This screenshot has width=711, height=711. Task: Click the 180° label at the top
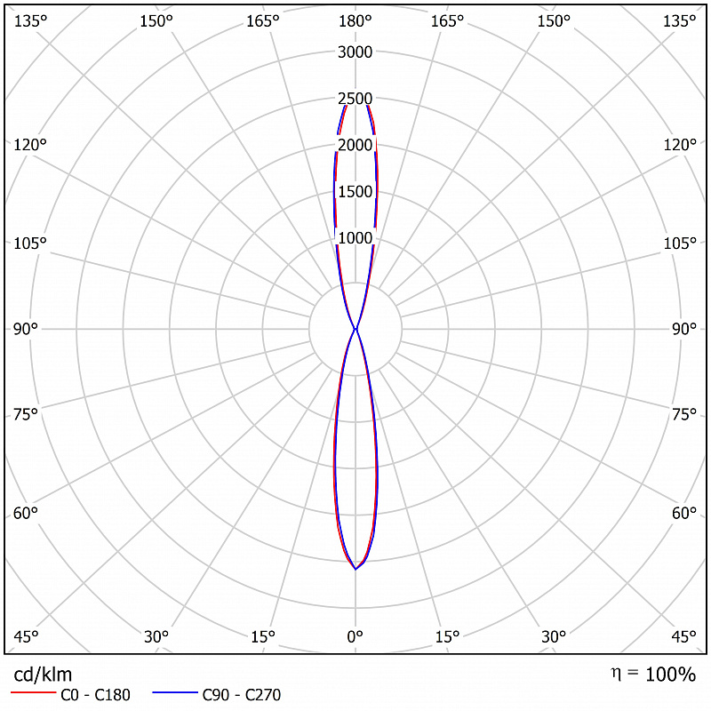(355, 20)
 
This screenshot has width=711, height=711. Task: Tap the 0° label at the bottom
(355, 636)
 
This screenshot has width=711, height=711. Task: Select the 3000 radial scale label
(355, 52)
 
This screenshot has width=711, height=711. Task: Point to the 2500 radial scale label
(355, 99)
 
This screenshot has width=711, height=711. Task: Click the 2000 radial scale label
(355, 145)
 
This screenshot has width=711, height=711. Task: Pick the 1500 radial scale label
(355, 191)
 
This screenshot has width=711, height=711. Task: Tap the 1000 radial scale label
(355, 238)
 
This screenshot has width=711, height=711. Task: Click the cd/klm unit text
(43, 675)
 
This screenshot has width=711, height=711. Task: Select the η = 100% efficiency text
(653, 675)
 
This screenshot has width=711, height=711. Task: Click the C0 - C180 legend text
(95, 695)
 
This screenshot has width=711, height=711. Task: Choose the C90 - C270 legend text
(241, 695)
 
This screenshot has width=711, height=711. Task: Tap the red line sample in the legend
(33, 692)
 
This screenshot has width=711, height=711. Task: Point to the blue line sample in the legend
(175, 692)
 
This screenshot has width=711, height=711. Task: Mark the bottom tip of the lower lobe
(355, 569)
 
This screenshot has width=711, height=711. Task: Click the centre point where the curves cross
(355, 329)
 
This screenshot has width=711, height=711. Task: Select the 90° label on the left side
(26, 329)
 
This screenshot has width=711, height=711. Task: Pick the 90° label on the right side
(683, 329)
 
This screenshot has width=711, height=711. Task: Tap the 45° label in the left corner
(26, 636)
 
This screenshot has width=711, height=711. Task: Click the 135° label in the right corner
(679, 20)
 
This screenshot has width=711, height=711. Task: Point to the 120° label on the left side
(30, 145)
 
